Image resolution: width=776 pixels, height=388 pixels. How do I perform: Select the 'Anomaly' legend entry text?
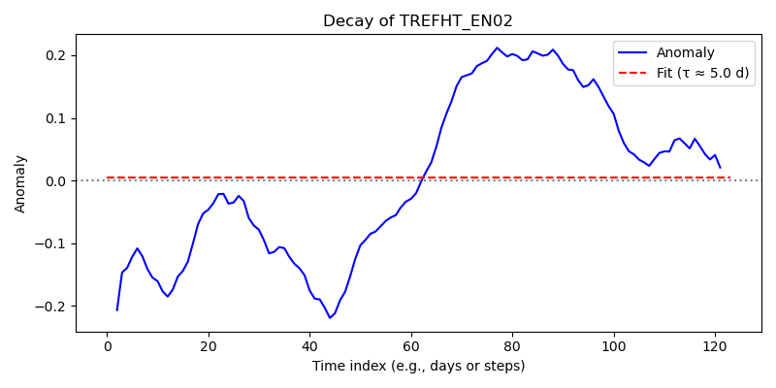pyautogui.click(x=685, y=52)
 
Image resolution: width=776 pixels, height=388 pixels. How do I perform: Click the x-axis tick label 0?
pyautogui.click(x=107, y=345)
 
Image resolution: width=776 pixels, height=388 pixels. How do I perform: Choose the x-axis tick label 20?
pyautogui.click(x=209, y=345)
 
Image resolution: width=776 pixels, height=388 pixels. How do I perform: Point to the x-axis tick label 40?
pyautogui.click(x=309, y=345)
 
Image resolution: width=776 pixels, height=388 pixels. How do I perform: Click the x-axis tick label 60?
pyautogui.click(x=411, y=345)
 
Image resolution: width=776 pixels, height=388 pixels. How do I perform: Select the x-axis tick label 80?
pyautogui.click(x=513, y=345)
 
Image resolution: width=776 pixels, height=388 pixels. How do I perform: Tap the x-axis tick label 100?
pyautogui.click(x=614, y=345)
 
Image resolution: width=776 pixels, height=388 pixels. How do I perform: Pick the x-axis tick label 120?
pyautogui.click(x=716, y=345)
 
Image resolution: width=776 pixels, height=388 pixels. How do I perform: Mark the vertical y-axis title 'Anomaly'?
pyautogui.click(x=19, y=184)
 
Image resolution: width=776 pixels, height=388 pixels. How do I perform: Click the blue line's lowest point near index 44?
pyautogui.click(x=330, y=318)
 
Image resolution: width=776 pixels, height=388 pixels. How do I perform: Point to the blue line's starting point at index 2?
pyautogui.click(x=117, y=310)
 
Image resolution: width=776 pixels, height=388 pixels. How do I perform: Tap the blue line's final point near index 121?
pyautogui.click(x=721, y=168)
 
